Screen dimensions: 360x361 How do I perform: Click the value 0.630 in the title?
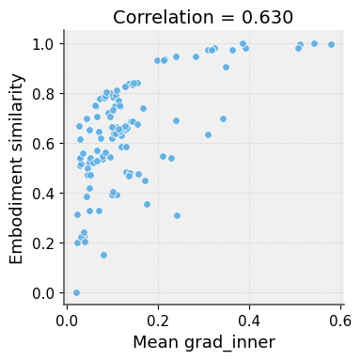[x=268, y=17]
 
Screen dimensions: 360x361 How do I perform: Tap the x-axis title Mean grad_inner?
[x=204, y=342]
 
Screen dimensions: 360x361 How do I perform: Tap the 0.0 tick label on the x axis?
[x=68, y=320]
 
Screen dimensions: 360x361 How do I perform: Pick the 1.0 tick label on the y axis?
[x=43, y=44]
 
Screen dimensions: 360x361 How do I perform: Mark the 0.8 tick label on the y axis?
[x=43, y=94]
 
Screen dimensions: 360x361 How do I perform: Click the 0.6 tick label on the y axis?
[x=43, y=144]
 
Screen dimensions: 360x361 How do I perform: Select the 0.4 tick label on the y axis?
[x=43, y=194]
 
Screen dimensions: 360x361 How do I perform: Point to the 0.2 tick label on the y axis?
[x=43, y=243]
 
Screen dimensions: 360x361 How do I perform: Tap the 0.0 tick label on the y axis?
[x=43, y=293]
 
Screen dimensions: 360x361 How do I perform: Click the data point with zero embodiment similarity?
[x=76, y=292]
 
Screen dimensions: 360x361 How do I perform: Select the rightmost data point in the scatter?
[x=331, y=44]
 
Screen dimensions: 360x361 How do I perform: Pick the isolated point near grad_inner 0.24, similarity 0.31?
[x=177, y=215]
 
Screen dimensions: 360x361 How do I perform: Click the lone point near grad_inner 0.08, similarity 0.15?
[x=103, y=255]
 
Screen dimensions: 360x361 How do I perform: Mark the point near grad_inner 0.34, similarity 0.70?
[x=223, y=118]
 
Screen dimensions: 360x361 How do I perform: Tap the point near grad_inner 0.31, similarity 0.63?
[x=208, y=134]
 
